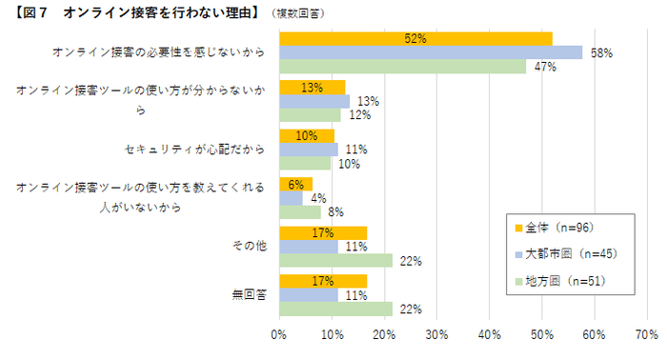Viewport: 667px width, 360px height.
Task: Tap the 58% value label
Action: click(601, 53)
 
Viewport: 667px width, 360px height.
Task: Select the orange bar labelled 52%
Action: click(415, 38)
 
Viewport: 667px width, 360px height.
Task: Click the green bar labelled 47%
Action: click(402, 67)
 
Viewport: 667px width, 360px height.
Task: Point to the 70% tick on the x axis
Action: click(646, 335)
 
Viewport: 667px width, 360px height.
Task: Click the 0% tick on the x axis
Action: click(279, 335)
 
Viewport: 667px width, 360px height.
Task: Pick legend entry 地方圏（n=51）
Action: click(560, 281)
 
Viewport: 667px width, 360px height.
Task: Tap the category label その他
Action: click(249, 247)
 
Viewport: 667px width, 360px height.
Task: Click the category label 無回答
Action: click(249, 295)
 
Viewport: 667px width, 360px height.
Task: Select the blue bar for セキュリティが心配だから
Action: click(309, 150)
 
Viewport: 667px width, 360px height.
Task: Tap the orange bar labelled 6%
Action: click(295, 184)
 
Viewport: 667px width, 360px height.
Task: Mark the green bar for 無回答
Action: click(335, 309)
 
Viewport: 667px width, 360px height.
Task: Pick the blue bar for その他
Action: click(309, 247)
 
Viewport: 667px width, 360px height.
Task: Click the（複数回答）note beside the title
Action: click(296, 13)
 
